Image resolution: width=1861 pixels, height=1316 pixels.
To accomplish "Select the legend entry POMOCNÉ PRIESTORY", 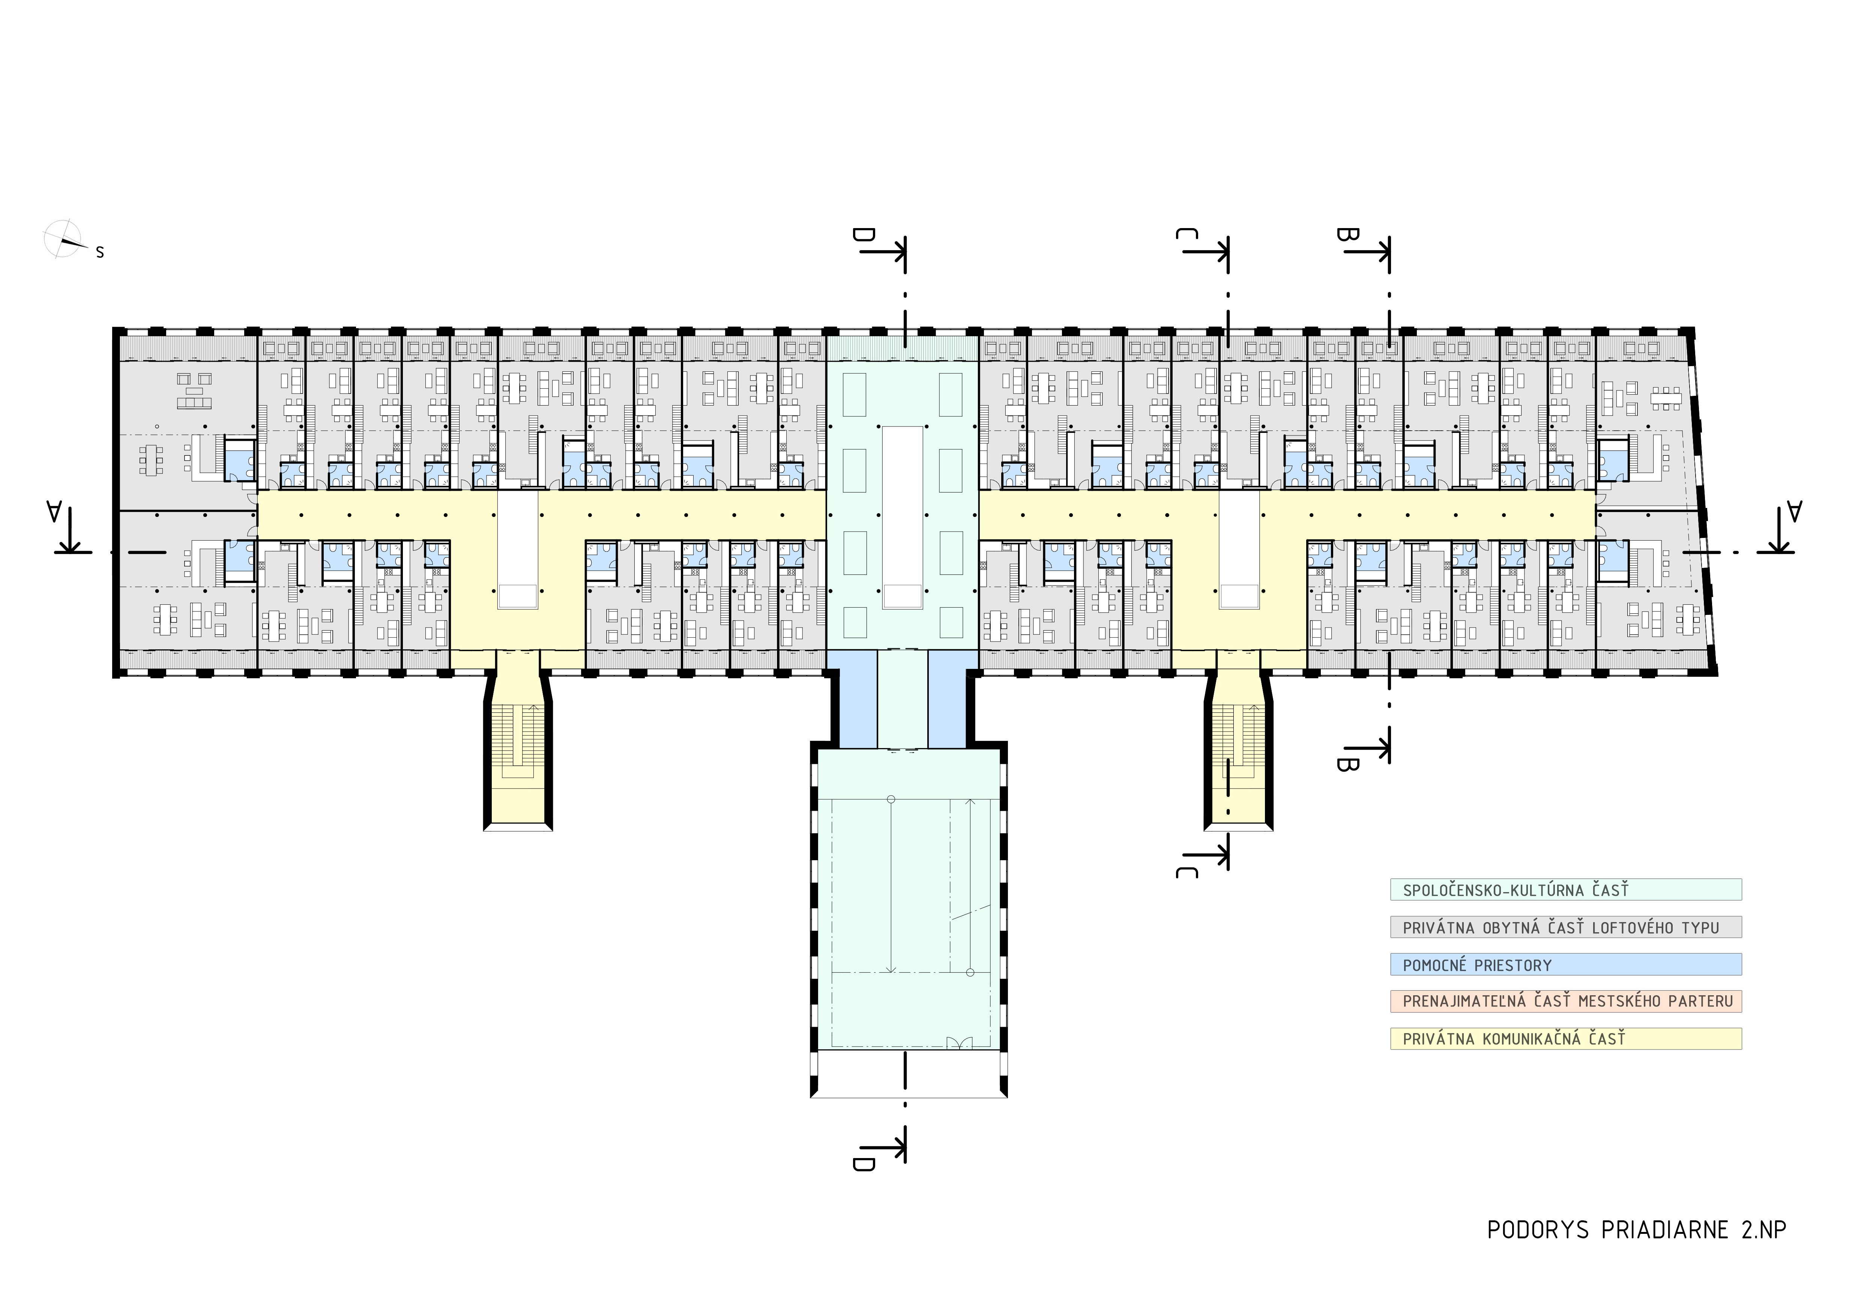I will [1477, 965].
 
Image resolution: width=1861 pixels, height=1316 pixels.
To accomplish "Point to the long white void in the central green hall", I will [902, 516].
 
